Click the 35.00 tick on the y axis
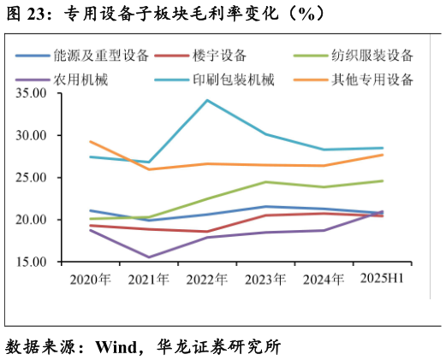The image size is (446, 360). (x=32, y=93)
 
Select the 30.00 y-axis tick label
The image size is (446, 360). (x=32, y=135)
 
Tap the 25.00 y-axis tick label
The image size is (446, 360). (x=32, y=178)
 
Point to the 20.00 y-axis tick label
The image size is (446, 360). (x=32, y=220)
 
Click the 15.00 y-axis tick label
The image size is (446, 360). (x=32, y=262)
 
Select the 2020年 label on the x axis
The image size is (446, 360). (x=91, y=279)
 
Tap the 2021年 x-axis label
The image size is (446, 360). (x=149, y=279)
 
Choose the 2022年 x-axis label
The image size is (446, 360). (x=207, y=279)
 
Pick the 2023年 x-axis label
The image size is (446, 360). (x=265, y=279)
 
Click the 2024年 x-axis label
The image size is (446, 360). (x=324, y=279)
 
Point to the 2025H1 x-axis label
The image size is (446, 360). (x=382, y=279)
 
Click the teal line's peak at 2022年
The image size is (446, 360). (x=207, y=100)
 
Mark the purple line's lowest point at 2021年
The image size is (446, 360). (x=149, y=257)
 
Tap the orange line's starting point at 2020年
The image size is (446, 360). (x=91, y=141)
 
